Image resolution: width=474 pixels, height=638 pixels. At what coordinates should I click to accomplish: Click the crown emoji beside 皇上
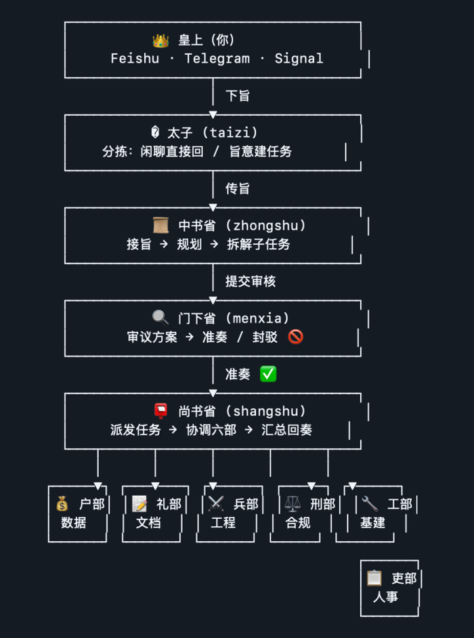pos(160,41)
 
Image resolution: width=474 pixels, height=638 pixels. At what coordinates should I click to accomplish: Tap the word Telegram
pos(217,58)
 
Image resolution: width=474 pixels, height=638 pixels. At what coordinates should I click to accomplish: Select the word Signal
pos(299,58)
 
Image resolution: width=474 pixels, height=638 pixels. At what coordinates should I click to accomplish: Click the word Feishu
pos(135,58)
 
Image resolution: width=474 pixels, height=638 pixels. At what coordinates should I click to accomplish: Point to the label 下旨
pos(238,95)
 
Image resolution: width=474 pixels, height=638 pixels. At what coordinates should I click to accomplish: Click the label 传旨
pos(238,188)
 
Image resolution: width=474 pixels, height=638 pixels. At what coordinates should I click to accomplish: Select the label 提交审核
pos(251,281)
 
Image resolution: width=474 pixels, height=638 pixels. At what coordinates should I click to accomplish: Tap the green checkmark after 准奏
pos(268,374)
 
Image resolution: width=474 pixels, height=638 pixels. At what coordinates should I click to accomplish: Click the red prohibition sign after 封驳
pos(295,337)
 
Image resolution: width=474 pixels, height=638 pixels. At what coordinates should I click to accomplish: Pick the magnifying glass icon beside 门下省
pos(160,318)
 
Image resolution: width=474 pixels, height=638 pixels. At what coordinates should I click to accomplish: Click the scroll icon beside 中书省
pos(160,226)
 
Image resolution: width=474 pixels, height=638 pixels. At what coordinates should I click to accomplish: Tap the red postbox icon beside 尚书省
pos(160,410)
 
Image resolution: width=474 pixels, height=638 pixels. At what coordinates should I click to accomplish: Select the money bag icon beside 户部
pos(62,504)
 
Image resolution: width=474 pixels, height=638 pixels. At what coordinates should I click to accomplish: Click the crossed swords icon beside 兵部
pos(216,504)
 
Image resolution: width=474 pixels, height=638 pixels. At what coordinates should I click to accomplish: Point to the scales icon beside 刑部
pos(293,504)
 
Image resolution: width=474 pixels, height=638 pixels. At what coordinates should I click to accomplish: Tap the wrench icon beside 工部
pos(370,504)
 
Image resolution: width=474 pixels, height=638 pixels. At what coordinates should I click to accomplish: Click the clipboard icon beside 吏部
pos(374,578)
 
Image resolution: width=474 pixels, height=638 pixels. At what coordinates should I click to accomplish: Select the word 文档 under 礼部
pos(148,522)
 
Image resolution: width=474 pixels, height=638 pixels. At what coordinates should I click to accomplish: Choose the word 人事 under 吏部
pos(385,597)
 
